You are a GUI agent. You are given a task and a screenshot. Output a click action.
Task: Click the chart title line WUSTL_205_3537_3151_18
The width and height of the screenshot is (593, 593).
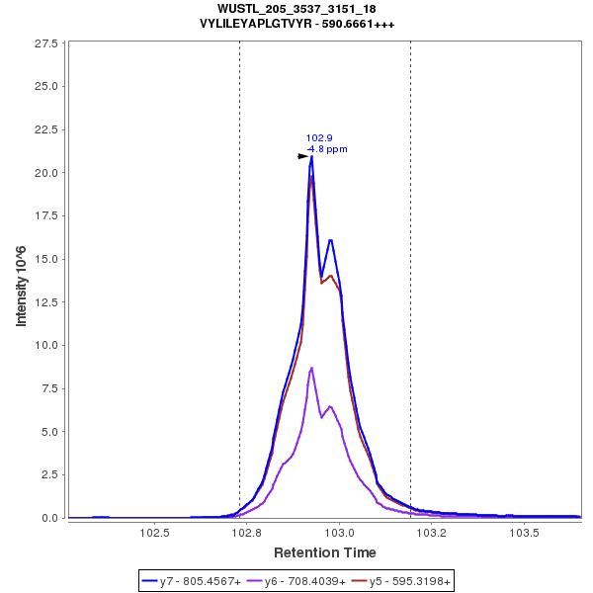tap(296, 9)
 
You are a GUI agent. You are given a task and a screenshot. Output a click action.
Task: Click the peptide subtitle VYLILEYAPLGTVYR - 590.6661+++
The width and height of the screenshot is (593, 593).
tap(296, 24)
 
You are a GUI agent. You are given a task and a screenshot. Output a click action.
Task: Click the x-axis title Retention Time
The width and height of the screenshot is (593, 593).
tap(324, 551)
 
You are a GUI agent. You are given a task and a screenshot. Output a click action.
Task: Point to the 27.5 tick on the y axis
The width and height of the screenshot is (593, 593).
tap(45, 44)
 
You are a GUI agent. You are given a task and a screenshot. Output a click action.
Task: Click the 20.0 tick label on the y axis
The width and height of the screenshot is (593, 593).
tap(45, 173)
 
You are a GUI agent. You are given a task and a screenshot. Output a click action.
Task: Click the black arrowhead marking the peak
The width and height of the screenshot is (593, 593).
tap(303, 156)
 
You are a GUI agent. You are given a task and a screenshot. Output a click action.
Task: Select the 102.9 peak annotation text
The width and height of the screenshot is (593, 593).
tap(319, 138)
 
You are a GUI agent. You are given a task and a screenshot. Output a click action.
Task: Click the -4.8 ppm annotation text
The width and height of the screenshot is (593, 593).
tap(327, 149)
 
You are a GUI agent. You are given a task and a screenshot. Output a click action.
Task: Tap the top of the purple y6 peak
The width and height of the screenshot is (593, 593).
tap(312, 368)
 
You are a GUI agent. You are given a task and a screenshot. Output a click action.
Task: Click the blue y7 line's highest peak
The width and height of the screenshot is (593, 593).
tap(311, 156)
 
